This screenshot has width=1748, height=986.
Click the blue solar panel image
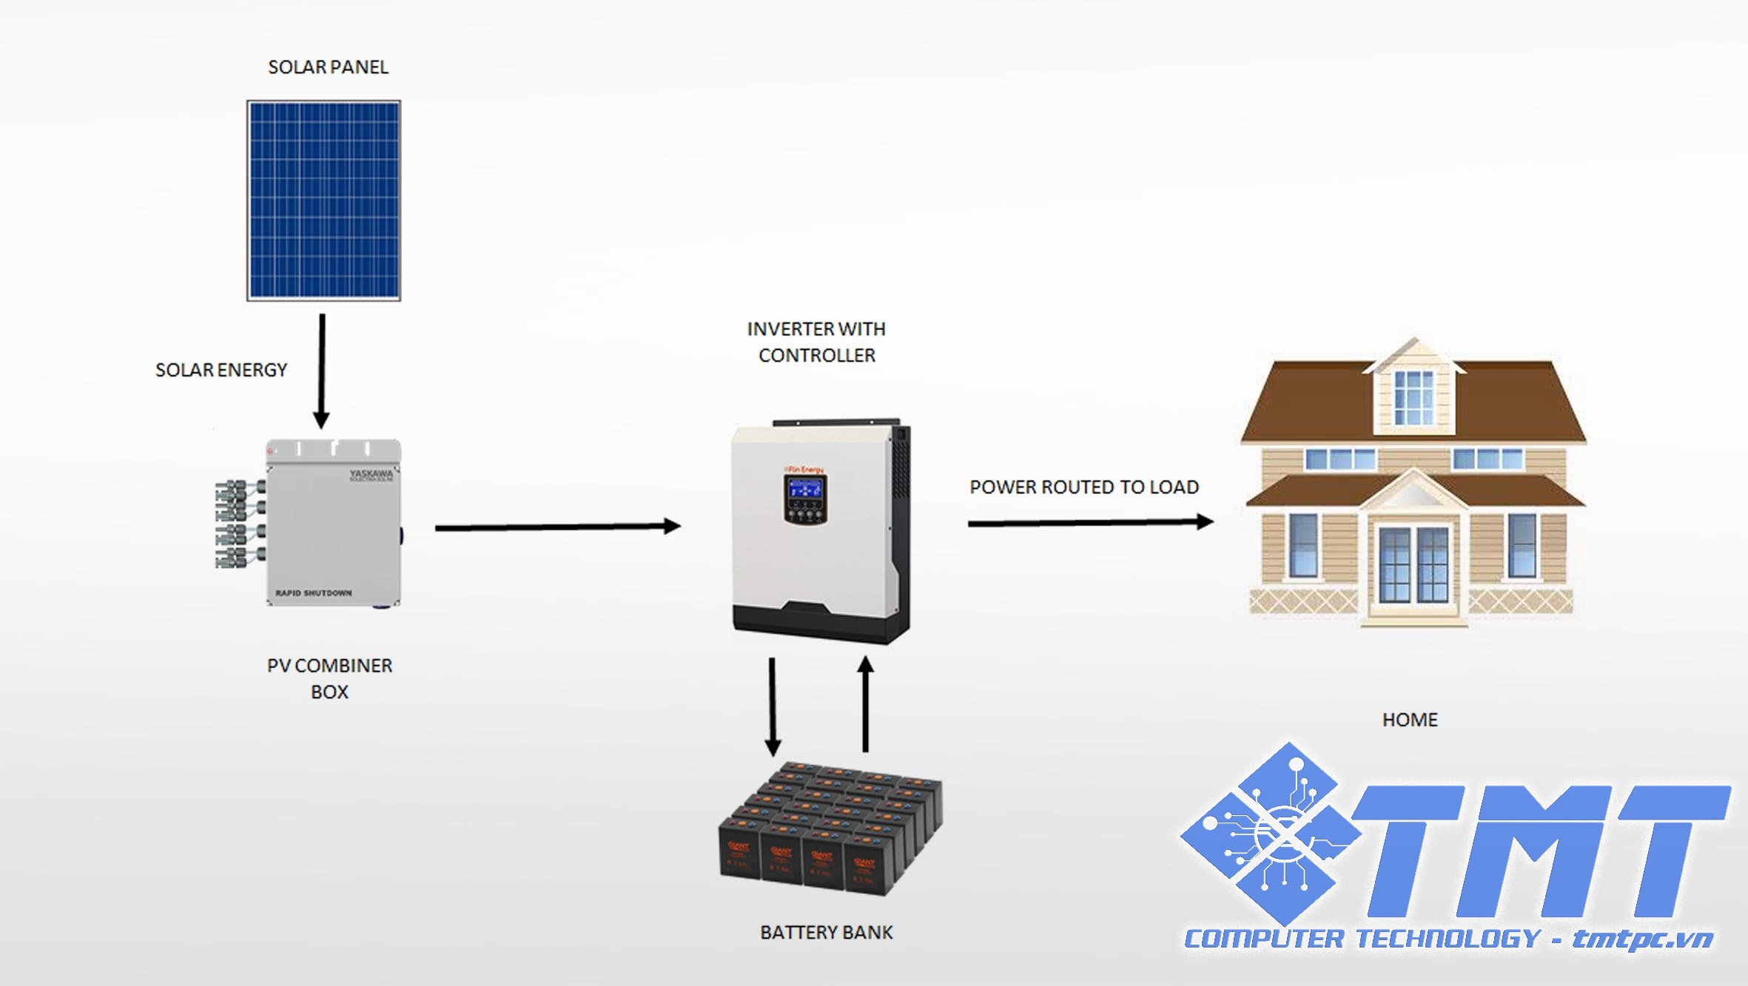point(323,200)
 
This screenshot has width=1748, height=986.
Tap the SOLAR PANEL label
point(328,67)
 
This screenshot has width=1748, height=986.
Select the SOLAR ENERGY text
point(221,370)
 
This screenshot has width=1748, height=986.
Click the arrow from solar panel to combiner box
point(321,370)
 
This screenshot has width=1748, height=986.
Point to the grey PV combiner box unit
point(333,525)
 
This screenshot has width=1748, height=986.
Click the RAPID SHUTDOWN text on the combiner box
point(314,593)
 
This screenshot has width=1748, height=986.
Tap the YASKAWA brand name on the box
point(371,473)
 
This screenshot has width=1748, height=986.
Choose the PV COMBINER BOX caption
point(329,678)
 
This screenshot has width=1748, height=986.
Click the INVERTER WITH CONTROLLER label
point(816,342)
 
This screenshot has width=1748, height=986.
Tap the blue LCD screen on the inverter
point(805,488)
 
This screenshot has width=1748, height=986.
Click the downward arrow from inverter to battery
point(773,706)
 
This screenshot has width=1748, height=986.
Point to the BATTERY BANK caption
point(827,933)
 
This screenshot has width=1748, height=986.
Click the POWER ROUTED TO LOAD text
point(1084,487)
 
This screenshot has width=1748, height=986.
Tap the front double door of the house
point(1413,566)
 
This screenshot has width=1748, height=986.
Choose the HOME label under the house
point(1410,720)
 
